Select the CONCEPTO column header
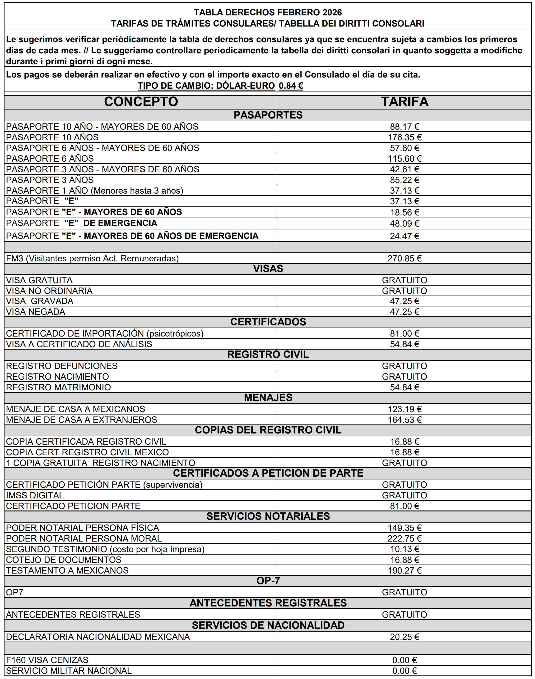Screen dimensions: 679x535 [141, 102]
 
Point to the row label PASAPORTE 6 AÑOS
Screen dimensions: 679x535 [50, 159]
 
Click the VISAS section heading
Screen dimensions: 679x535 [268, 269]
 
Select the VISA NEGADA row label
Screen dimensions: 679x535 [36, 312]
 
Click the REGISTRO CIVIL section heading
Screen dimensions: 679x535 [268, 355]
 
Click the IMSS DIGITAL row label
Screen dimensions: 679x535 [35, 496]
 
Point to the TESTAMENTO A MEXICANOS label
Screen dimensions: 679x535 [67, 570]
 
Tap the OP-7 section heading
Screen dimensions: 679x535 [268, 581]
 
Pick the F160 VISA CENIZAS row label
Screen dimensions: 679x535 [47, 660]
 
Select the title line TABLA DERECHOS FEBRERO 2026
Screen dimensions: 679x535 [268, 13]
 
